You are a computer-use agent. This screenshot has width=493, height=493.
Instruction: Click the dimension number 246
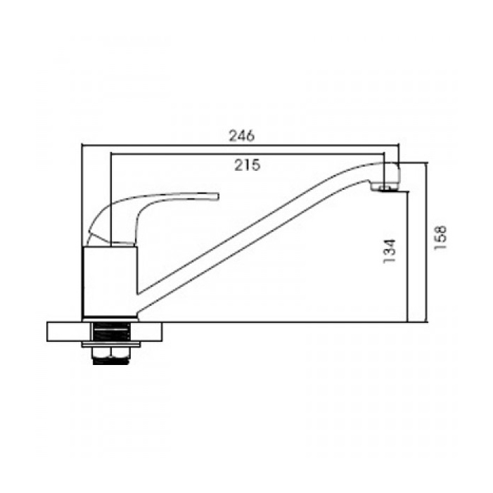pos(241,136)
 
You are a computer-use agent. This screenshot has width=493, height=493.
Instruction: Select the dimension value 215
pos(248,165)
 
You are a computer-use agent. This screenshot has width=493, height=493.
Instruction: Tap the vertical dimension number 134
pos(390,251)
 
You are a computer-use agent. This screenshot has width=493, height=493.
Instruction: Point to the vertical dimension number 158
pos(440,238)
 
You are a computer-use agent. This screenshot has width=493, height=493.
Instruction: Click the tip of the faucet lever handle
pos(217,196)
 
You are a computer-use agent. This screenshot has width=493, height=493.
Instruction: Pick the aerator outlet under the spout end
pos(385,188)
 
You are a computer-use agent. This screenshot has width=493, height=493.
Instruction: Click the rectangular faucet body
pos(110,281)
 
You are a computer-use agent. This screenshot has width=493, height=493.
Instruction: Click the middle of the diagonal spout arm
pos(252,234)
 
